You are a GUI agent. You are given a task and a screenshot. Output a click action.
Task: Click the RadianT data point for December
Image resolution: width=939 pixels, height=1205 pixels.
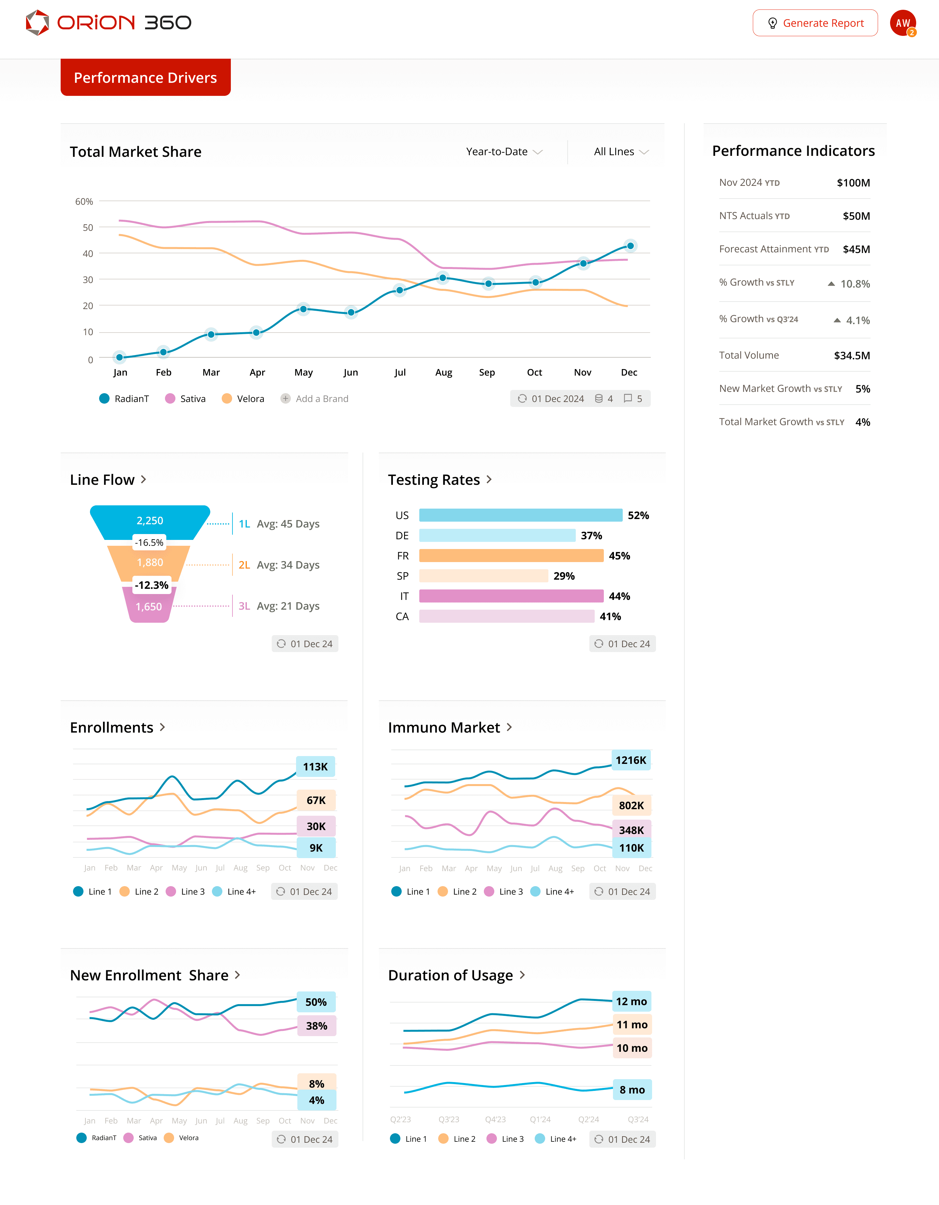[x=630, y=245]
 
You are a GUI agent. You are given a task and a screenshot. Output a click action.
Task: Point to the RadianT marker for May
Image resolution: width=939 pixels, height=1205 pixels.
[x=303, y=309]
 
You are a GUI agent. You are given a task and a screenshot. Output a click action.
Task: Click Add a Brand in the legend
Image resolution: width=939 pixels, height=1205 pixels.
[x=315, y=398]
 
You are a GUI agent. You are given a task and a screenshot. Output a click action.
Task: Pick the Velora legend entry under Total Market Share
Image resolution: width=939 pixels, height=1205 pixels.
[x=243, y=398]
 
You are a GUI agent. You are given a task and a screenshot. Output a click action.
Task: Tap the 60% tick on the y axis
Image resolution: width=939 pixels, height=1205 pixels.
[x=84, y=201]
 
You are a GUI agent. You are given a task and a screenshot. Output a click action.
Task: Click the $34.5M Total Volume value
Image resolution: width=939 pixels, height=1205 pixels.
[x=852, y=355]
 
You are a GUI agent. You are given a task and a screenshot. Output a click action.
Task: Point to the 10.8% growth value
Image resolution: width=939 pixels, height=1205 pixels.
[x=855, y=284]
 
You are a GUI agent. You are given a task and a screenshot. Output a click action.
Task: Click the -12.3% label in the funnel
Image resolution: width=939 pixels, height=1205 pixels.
[x=152, y=585]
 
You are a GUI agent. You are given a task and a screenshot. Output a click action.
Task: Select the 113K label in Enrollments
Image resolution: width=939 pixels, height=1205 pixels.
[x=316, y=766]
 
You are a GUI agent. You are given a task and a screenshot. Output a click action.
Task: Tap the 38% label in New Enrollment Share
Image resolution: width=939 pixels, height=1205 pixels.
[x=317, y=1026]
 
